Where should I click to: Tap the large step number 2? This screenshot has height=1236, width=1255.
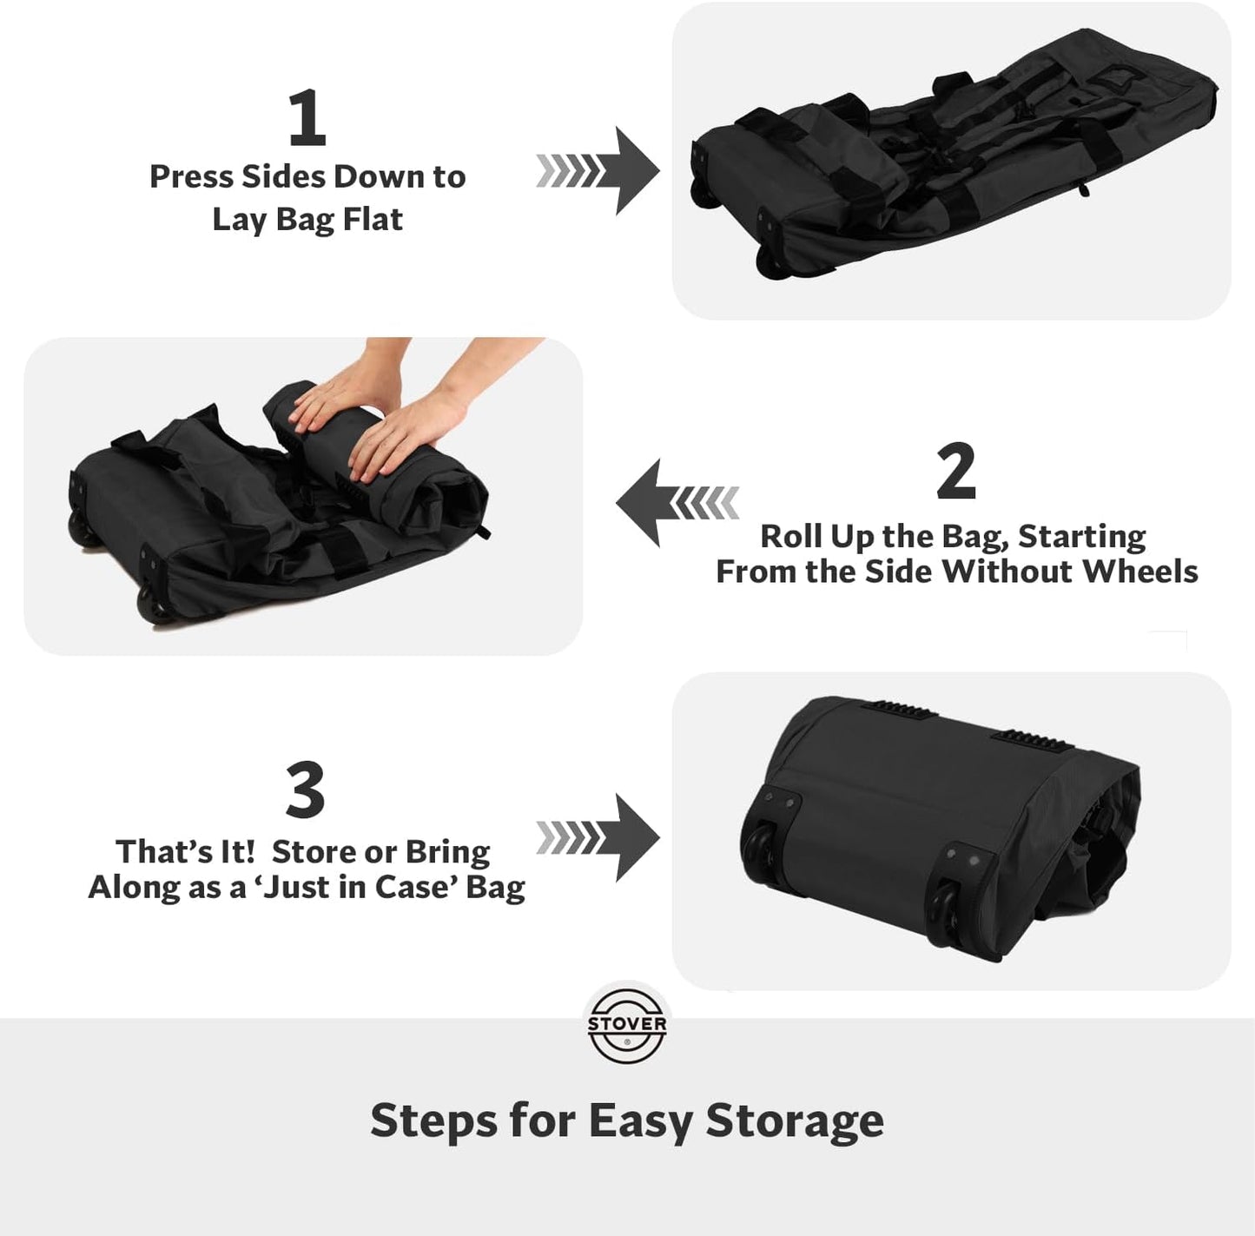point(955,471)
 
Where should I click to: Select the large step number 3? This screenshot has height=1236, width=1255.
point(305,790)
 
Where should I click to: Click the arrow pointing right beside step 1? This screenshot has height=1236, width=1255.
point(599,170)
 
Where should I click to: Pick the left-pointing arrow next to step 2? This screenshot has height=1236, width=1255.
point(677,503)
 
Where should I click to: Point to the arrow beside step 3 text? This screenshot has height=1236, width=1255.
point(599,837)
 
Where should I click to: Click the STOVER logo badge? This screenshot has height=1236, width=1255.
point(627,1025)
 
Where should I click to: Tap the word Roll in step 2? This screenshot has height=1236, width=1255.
point(790,536)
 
